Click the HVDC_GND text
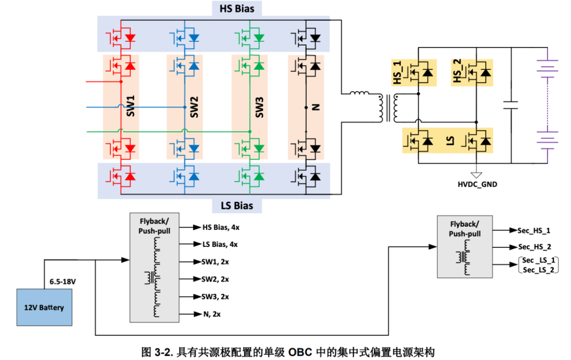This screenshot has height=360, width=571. coord(477,184)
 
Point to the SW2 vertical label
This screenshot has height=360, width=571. coord(195,107)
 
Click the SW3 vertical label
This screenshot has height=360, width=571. coord(259,107)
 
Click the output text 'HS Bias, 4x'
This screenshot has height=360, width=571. coord(221,227)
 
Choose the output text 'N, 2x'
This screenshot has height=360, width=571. coord(211,314)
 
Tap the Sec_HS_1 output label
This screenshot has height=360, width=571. coord(534,231)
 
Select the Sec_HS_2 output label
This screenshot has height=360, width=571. coord(534,247)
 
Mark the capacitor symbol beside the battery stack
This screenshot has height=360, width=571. coord(511,105)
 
